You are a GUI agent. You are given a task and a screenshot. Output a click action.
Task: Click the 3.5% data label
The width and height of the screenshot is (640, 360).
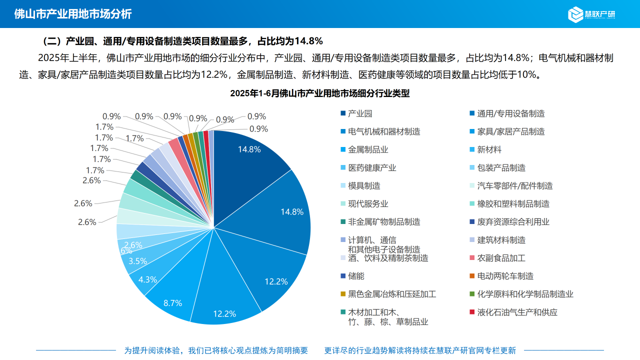pyautogui.click(x=137, y=261)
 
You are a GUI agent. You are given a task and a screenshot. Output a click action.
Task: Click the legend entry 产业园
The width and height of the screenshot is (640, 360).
pyautogui.click(x=360, y=113)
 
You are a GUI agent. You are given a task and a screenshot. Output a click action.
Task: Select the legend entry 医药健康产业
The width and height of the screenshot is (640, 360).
pyautogui.click(x=372, y=167)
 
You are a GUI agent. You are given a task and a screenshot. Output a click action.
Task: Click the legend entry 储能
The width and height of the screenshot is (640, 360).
pyautogui.click(x=356, y=276)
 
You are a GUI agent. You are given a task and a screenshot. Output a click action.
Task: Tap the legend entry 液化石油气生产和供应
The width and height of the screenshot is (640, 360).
pyautogui.click(x=517, y=312)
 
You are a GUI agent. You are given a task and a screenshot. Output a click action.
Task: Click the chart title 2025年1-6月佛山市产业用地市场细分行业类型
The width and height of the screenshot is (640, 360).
pyautogui.click(x=320, y=93)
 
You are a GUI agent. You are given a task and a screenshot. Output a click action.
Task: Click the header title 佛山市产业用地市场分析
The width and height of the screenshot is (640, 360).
pyautogui.click(x=73, y=14)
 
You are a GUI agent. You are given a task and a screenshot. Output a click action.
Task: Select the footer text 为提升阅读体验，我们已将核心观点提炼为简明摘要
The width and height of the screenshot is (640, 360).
pyautogui.click(x=216, y=350)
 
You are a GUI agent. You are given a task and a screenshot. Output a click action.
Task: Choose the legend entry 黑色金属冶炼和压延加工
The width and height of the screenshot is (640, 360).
pyautogui.click(x=392, y=294)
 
